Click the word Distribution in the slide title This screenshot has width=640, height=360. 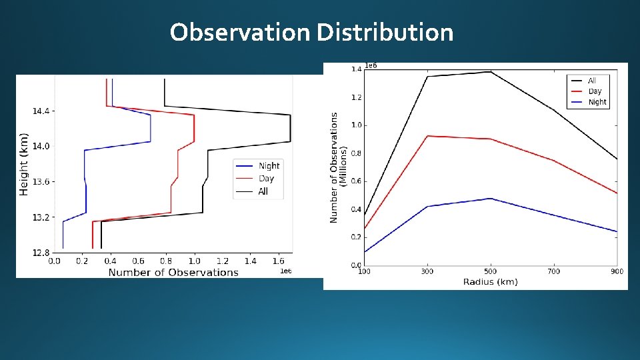point(385,32)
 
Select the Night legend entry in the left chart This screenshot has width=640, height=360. point(269,165)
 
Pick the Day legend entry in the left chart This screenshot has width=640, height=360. point(266,178)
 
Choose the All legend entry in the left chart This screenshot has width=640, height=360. point(263,191)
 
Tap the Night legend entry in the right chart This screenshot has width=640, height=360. point(597,102)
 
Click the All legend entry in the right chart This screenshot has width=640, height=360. point(592,81)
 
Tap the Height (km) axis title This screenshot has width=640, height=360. point(24,163)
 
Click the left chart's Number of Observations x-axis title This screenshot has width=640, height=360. point(173,272)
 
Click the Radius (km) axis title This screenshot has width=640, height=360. point(490,282)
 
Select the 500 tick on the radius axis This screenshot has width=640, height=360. point(490,271)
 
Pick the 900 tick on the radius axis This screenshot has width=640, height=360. point(616,271)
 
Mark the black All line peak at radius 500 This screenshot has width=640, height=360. point(491,71)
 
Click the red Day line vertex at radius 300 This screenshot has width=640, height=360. point(427,136)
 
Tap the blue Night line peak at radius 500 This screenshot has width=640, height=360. point(491,198)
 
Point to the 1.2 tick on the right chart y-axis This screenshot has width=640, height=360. point(357,97)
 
